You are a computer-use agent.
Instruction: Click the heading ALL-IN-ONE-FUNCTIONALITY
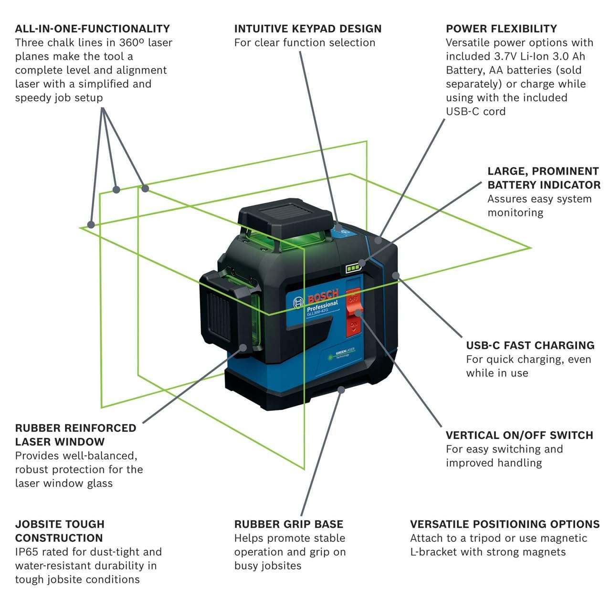point(92,29)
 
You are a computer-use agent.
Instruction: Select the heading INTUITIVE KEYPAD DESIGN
point(307,29)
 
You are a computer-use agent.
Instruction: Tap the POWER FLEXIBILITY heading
point(501,29)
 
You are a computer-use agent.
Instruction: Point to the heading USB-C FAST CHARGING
point(530,345)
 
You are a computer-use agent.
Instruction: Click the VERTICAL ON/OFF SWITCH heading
point(519,435)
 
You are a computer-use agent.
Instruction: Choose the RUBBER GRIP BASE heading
point(288,524)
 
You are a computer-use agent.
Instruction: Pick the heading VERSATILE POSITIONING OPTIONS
point(505,524)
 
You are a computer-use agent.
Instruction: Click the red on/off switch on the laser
point(354,310)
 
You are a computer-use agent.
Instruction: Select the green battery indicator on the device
point(353,269)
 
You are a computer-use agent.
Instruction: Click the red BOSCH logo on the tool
point(323,296)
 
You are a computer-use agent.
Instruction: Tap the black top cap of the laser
point(285,217)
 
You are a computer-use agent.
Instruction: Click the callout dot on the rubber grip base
point(341,390)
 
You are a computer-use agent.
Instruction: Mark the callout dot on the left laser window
point(244,348)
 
